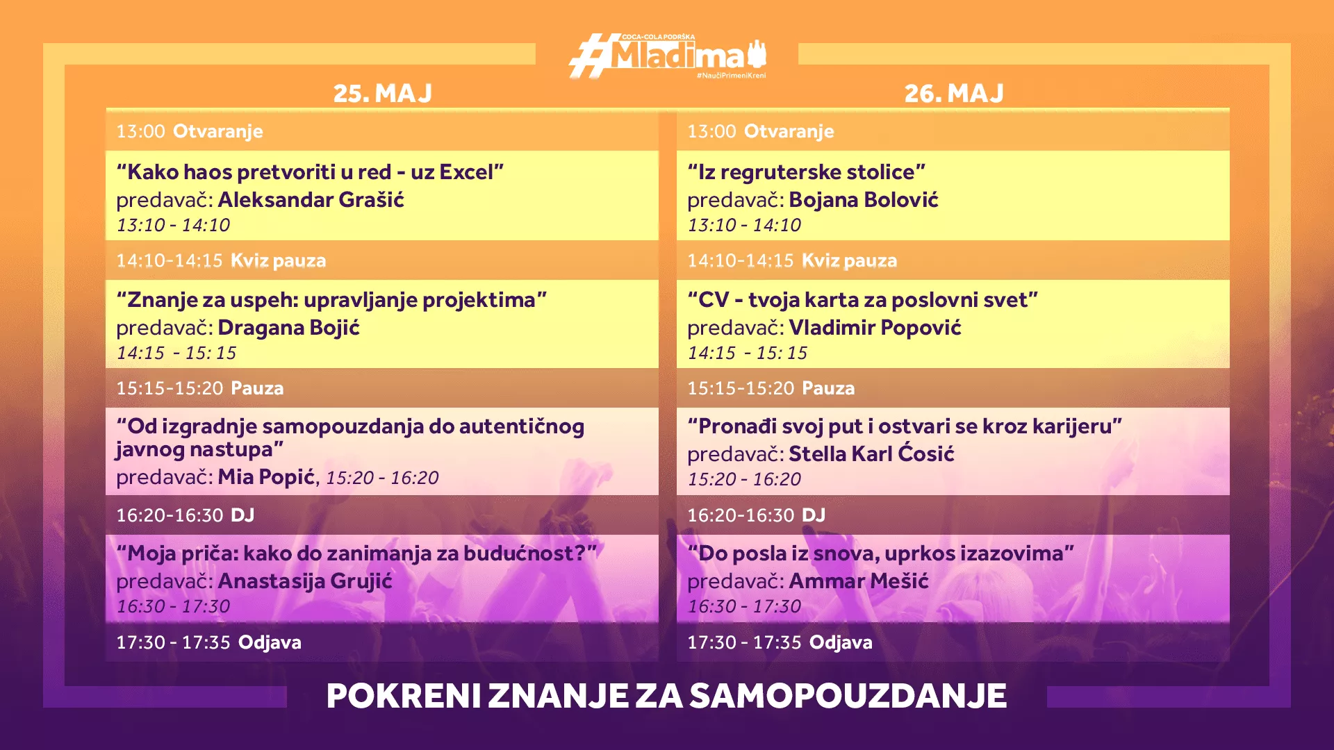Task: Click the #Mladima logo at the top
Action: pyautogui.click(x=668, y=56)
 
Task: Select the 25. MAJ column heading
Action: pyautogui.click(x=383, y=93)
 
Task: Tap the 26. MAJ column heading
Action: pyautogui.click(x=954, y=93)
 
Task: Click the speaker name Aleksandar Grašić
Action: pyautogui.click(x=311, y=200)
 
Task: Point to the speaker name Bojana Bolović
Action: pyautogui.click(x=864, y=200)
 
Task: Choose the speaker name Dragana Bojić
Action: pyautogui.click(x=289, y=328)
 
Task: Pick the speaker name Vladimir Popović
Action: pyautogui.click(x=875, y=328)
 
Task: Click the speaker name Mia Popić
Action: pyautogui.click(x=267, y=477)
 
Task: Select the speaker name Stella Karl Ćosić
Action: pyautogui.click(x=872, y=453)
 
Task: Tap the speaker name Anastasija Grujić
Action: pyautogui.click(x=305, y=581)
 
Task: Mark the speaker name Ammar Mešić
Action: pyautogui.click(x=859, y=581)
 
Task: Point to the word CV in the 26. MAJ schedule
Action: pyautogui.click(x=714, y=300)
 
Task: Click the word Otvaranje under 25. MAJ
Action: pyautogui.click(x=218, y=131)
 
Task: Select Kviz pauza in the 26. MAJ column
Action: pyautogui.click(x=849, y=260)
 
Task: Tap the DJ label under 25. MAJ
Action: pyautogui.click(x=242, y=515)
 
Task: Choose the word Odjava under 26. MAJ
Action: pyautogui.click(x=841, y=642)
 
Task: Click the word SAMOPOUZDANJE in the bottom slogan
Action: pyautogui.click(x=848, y=696)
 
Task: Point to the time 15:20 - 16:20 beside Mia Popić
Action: pyautogui.click(x=382, y=478)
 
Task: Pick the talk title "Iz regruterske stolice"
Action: pyautogui.click(x=807, y=172)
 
